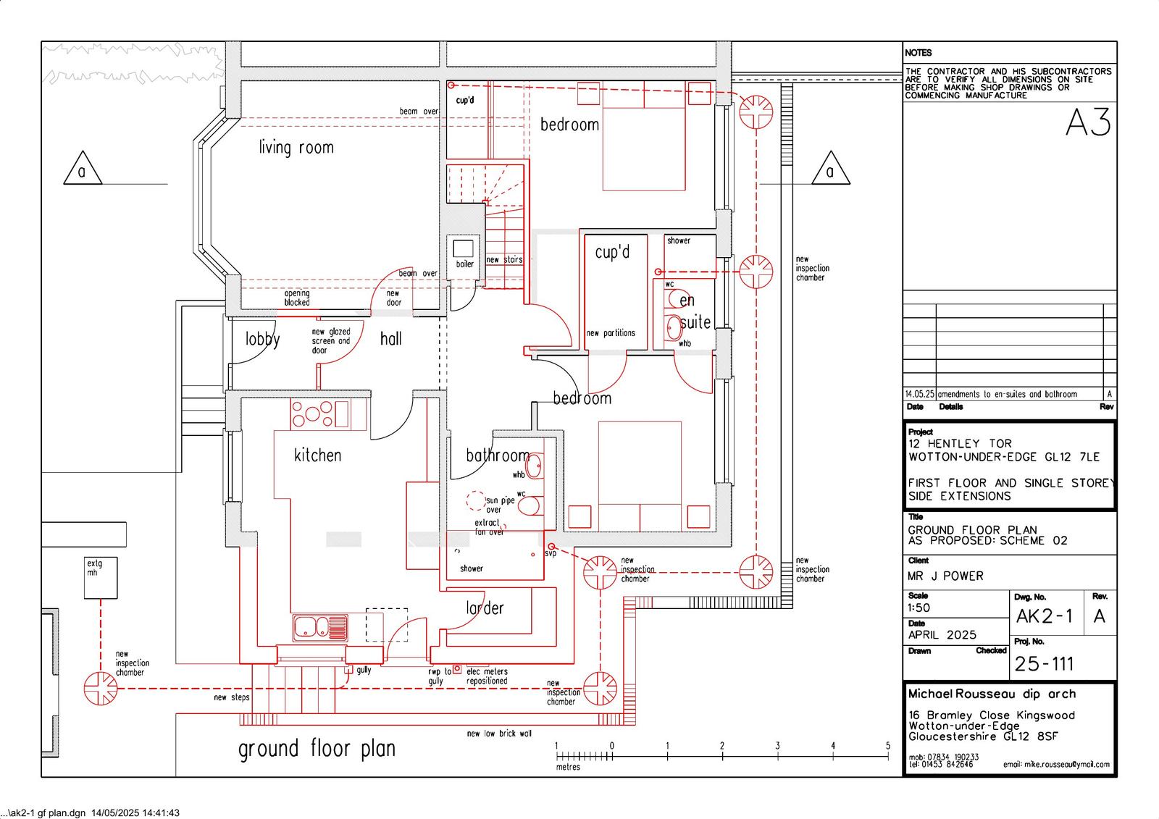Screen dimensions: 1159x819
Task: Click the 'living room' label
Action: pyautogui.click(x=296, y=148)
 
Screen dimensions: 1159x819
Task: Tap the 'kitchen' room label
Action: pyautogui.click(x=318, y=455)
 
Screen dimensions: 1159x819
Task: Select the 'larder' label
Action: pyautogui.click(x=485, y=608)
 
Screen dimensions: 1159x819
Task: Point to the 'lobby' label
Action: pyautogui.click(x=262, y=340)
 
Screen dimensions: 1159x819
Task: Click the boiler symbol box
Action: pyautogui.click(x=463, y=248)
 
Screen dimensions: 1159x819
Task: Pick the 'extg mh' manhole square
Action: pyautogui.click(x=101, y=578)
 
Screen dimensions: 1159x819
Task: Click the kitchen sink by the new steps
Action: pyautogui.click(x=320, y=628)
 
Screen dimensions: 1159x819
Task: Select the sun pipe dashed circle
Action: pyautogui.click(x=475, y=500)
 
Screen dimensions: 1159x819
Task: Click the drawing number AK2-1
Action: pyautogui.click(x=1044, y=616)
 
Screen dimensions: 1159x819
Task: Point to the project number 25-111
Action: pyautogui.click(x=1044, y=664)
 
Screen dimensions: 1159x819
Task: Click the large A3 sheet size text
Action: pyautogui.click(x=1088, y=122)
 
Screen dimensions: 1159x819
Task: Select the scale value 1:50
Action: pyautogui.click(x=919, y=608)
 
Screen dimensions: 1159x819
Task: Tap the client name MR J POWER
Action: pyautogui.click(x=945, y=576)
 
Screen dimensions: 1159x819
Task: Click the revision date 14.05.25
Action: pyautogui.click(x=919, y=394)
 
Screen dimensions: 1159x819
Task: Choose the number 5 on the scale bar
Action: pyautogui.click(x=888, y=746)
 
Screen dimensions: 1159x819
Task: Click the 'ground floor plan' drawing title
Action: pyautogui.click(x=317, y=749)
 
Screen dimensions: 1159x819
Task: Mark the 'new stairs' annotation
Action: pyautogui.click(x=504, y=259)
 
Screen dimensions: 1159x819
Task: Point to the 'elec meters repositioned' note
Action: pyautogui.click(x=487, y=676)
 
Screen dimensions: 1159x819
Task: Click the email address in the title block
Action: pyautogui.click(x=1057, y=764)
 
